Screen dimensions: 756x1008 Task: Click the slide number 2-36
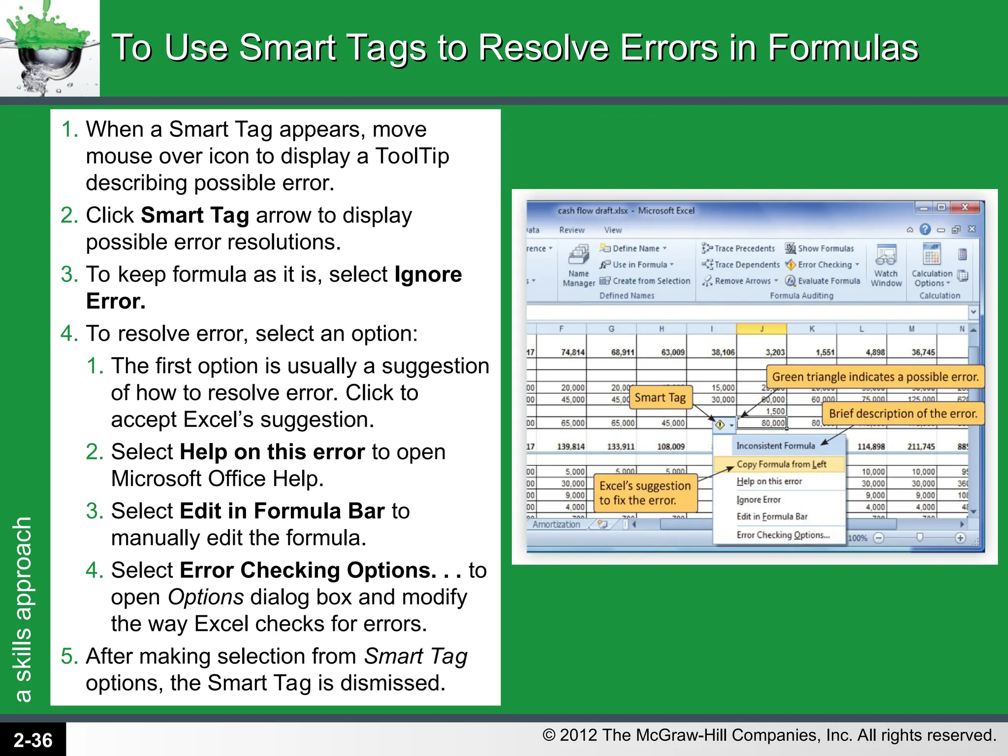[x=32, y=740]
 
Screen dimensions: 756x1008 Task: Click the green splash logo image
[x=49, y=48]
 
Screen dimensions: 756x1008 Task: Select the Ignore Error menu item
[x=758, y=500]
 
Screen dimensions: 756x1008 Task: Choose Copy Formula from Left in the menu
[x=781, y=464]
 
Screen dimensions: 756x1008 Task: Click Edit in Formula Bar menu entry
[x=772, y=516]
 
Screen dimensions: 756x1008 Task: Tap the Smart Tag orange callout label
[x=660, y=398]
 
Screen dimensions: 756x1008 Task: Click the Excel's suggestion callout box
[x=645, y=493]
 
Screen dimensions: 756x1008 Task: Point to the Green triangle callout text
[x=875, y=377]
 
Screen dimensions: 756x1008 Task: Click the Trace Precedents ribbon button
[x=739, y=249]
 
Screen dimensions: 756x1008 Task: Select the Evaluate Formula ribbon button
[x=823, y=281]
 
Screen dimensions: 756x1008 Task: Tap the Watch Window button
[x=886, y=266]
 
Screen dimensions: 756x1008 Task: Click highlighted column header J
[x=761, y=329]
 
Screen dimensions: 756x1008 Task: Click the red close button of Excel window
[x=965, y=207]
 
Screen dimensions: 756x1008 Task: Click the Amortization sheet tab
[x=556, y=524]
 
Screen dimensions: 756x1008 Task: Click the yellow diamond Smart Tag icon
[x=720, y=424]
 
